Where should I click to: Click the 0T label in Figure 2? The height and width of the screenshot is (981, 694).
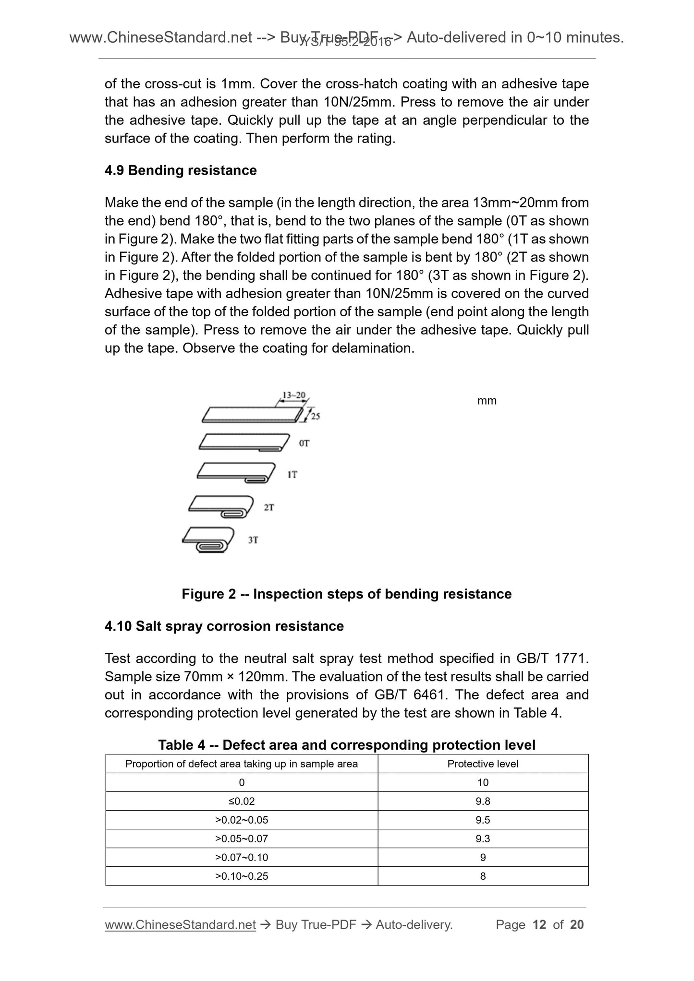click(304, 443)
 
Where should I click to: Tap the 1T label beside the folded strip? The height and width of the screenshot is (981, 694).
click(292, 475)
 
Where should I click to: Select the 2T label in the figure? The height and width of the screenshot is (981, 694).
click(269, 507)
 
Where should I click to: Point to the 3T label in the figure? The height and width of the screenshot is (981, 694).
click(253, 540)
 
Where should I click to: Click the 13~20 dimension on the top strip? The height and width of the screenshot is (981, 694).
click(293, 395)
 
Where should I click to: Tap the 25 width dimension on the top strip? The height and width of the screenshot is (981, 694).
click(315, 416)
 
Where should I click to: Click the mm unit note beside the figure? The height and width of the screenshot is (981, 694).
click(487, 401)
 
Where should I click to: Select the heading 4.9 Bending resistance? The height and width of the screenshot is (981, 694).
click(181, 170)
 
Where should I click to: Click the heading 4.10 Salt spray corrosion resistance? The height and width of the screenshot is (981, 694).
click(224, 626)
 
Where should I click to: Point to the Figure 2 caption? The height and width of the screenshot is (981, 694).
click(346, 594)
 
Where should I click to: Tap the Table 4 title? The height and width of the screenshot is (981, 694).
click(346, 745)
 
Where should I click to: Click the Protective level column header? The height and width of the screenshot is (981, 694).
click(483, 764)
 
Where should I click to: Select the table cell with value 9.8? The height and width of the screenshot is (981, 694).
click(483, 801)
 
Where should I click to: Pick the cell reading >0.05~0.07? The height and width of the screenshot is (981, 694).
click(242, 838)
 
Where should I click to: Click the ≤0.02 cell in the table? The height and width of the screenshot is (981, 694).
click(242, 801)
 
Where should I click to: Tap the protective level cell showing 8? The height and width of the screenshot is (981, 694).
click(483, 876)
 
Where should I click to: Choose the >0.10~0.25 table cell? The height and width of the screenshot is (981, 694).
click(242, 876)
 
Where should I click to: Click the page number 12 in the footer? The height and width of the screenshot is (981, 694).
click(539, 924)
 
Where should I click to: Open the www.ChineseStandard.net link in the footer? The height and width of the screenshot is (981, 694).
click(180, 925)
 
